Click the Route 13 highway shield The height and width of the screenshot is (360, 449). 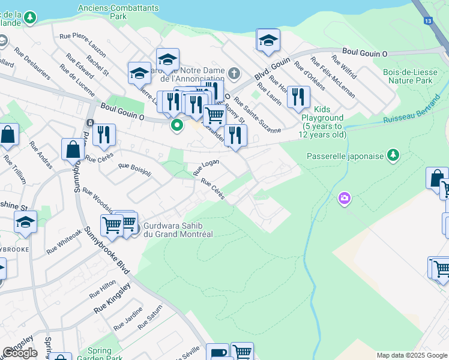click(428, 21)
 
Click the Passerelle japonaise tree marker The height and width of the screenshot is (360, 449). click(393, 155)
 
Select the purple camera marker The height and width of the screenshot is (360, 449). click(344, 197)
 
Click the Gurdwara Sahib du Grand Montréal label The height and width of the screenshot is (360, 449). click(178, 229)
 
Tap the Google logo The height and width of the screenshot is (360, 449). click(20, 353)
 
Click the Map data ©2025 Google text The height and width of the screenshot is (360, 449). click(412, 355)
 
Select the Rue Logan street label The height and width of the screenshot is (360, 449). click(205, 167)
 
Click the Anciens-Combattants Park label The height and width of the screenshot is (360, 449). click(118, 12)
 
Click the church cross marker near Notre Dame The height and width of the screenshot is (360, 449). click(234, 74)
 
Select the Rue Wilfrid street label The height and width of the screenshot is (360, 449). click(343, 68)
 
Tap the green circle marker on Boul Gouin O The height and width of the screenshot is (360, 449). click(177, 125)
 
